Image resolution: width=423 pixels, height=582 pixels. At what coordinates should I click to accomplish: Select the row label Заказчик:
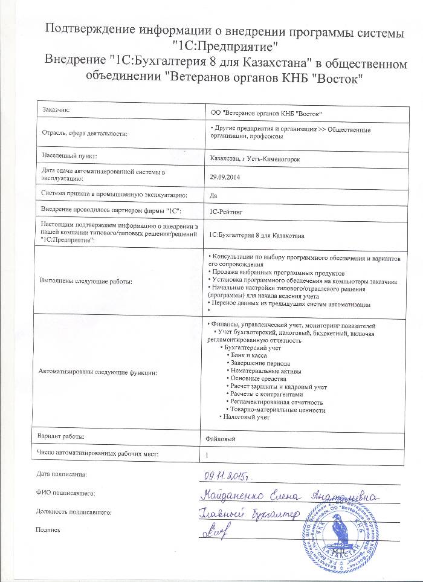(x=56, y=109)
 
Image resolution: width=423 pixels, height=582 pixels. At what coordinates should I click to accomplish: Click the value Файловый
(x=221, y=437)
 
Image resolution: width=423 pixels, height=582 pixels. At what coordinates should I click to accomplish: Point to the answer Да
(x=212, y=195)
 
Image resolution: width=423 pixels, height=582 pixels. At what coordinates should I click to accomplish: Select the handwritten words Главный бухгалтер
(x=248, y=514)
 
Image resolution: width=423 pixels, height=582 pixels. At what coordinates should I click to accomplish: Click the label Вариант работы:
(x=61, y=436)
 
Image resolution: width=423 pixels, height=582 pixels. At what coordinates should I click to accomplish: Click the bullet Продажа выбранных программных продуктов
(x=277, y=273)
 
